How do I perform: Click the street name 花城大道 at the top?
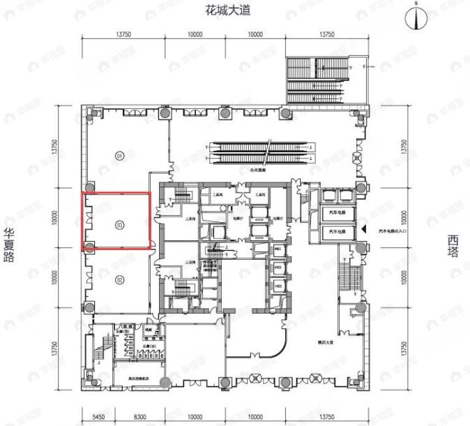(x=227, y=10)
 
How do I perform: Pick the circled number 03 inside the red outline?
(x=120, y=225)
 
